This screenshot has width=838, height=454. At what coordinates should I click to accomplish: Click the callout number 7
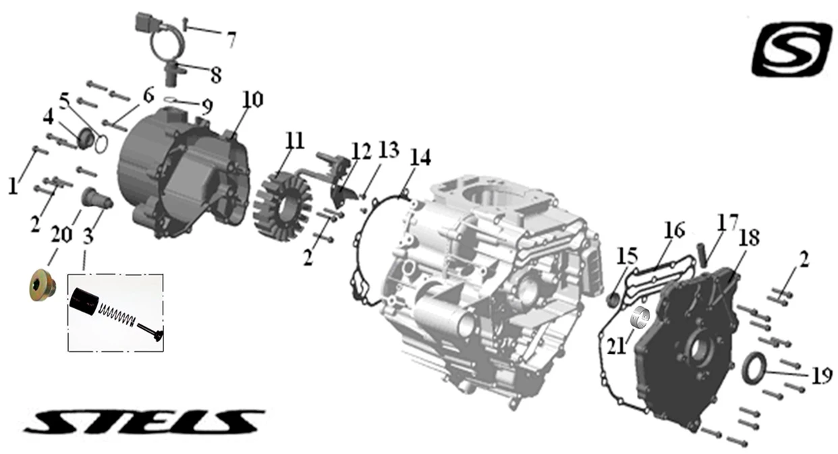231,40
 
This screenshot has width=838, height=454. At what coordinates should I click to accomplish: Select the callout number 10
252,99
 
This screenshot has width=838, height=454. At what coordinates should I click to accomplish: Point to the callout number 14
420,157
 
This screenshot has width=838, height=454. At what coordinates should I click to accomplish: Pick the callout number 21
616,346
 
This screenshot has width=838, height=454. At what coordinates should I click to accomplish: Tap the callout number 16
674,230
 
